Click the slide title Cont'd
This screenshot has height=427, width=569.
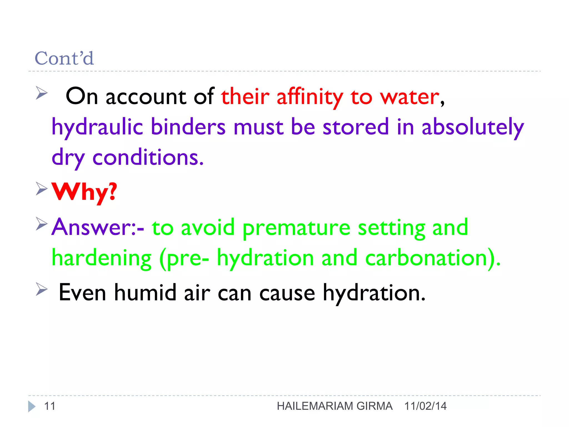[64, 58]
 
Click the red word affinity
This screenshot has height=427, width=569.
[310, 97]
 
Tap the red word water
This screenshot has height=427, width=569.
[410, 97]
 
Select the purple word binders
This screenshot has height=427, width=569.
[188, 127]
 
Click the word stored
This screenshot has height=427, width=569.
[355, 127]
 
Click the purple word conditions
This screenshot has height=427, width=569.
[148, 158]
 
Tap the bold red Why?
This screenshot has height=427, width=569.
[84, 192]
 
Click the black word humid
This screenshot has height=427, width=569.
[145, 293]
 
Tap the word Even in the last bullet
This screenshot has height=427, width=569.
[83, 293]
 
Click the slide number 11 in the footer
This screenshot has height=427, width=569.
[50, 406]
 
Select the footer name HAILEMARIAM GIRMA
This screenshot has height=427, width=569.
[335, 406]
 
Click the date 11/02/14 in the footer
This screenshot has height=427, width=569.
[425, 406]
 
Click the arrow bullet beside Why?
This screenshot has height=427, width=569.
[42, 189]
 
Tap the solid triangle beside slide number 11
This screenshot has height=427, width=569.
[32, 406]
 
